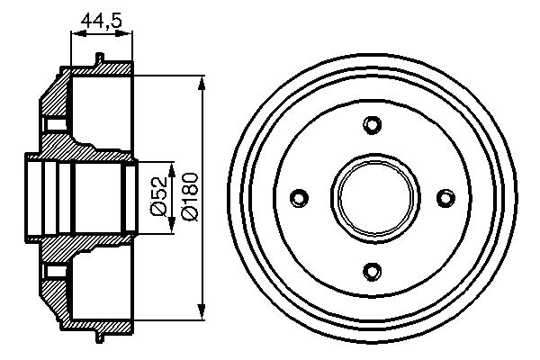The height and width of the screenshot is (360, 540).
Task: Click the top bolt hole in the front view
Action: [x=371, y=125]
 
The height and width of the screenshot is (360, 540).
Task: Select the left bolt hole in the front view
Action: [x=300, y=196]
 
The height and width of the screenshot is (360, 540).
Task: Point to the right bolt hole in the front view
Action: [x=442, y=196]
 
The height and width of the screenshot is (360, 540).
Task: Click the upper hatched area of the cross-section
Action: [x=56, y=135]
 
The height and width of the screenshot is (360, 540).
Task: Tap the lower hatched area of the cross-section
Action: [x=56, y=261]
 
